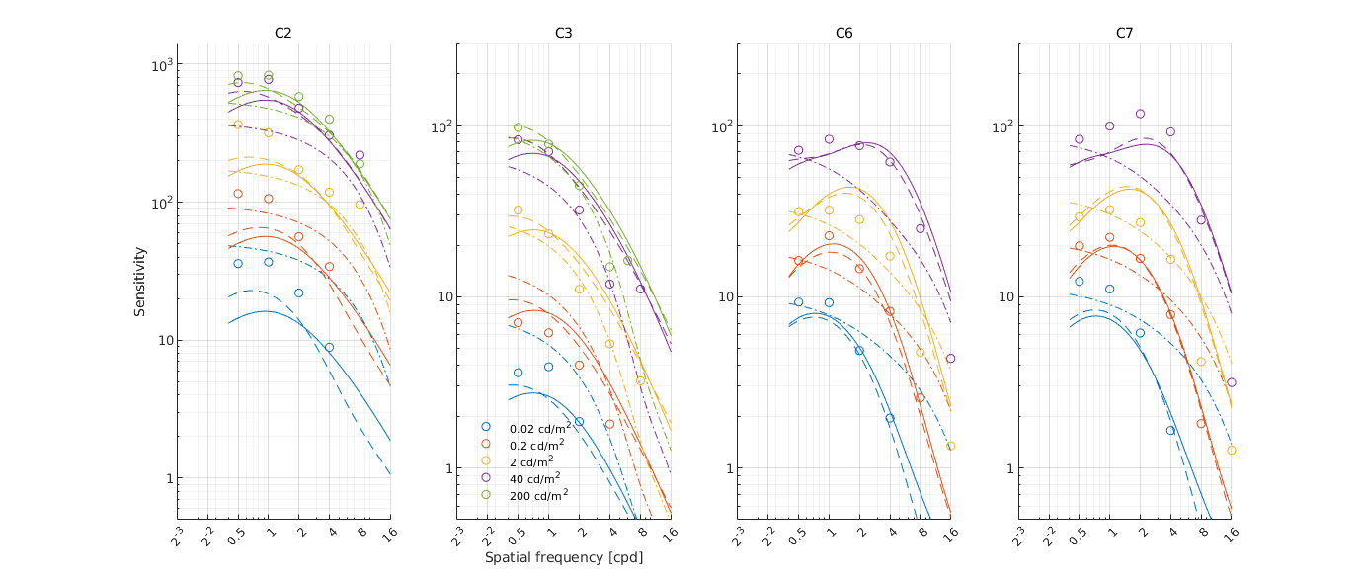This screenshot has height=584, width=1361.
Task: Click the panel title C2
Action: point(283,33)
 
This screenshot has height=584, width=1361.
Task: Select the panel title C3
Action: point(564,33)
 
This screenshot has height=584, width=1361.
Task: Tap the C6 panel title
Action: point(843,33)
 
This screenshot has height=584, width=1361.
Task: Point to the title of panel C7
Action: point(1124,33)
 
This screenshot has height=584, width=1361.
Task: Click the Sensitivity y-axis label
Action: point(141,282)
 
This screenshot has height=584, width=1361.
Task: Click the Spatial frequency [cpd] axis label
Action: point(563,557)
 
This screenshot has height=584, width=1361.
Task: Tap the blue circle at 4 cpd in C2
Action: point(329,348)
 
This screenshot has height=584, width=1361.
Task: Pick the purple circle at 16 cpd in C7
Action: point(1232,382)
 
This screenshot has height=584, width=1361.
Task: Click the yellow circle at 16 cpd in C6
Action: point(951,446)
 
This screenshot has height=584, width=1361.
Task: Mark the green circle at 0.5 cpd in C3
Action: point(518,127)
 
